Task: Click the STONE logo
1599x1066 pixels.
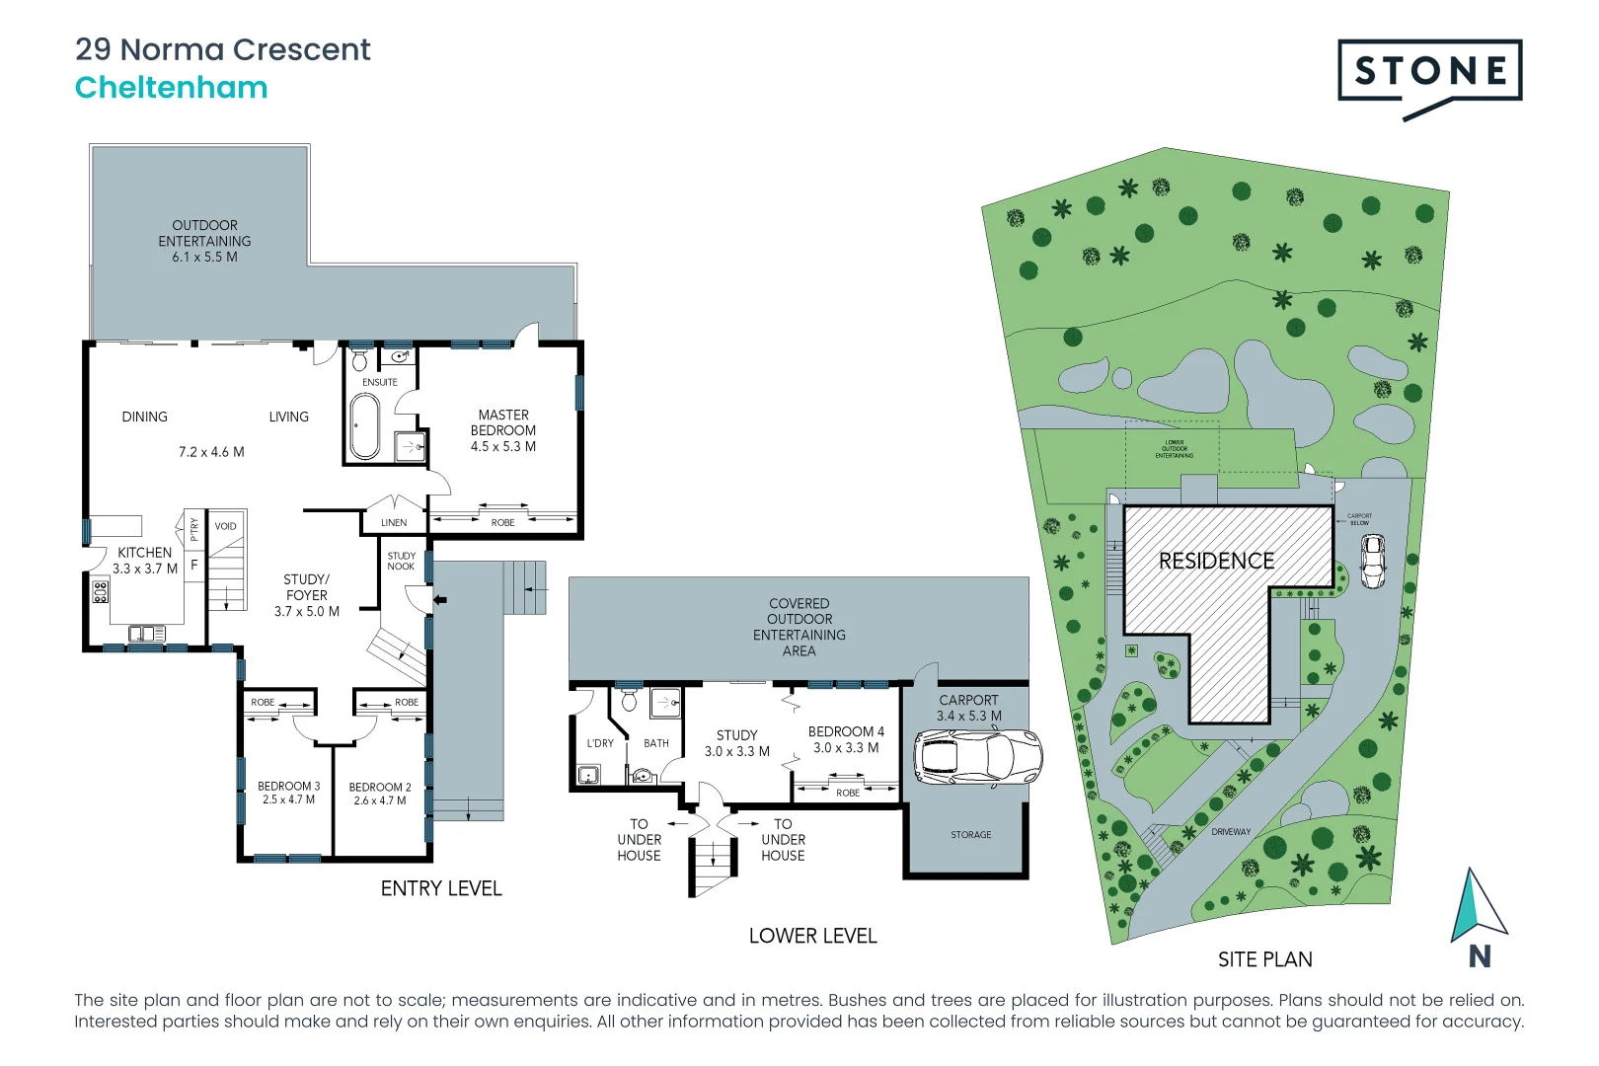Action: [x=1429, y=72]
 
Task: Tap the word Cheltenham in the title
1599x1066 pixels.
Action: [x=172, y=88]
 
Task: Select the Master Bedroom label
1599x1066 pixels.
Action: [x=503, y=422]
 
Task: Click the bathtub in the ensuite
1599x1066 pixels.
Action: [x=364, y=426]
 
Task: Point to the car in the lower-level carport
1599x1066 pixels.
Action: [x=977, y=758]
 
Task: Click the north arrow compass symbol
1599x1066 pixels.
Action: [x=1477, y=906]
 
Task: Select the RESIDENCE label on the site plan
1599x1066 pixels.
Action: [x=1216, y=561]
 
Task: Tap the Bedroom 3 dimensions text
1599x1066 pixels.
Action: [x=288, y=800]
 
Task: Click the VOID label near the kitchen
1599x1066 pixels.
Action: [x=226, y=526]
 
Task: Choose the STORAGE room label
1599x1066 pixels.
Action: [x=970, y=835]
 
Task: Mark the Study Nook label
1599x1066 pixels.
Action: [x=401, y=561]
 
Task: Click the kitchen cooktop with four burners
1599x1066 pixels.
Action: [x=101, y=592]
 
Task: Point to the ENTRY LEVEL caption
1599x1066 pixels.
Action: [x=441, y=888]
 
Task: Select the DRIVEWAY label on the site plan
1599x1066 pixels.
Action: [x=1231, y=832]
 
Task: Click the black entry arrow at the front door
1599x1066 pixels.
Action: [x=440, y=599]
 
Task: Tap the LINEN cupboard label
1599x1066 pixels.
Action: [x=394, y=523]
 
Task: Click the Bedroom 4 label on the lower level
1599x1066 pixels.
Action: [x=846, y=731]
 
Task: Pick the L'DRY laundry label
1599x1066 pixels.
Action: [x=600, y=743]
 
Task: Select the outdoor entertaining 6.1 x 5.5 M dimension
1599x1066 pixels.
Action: [x=204, y=257]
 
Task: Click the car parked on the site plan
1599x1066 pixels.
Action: [x=1373, y=561]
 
